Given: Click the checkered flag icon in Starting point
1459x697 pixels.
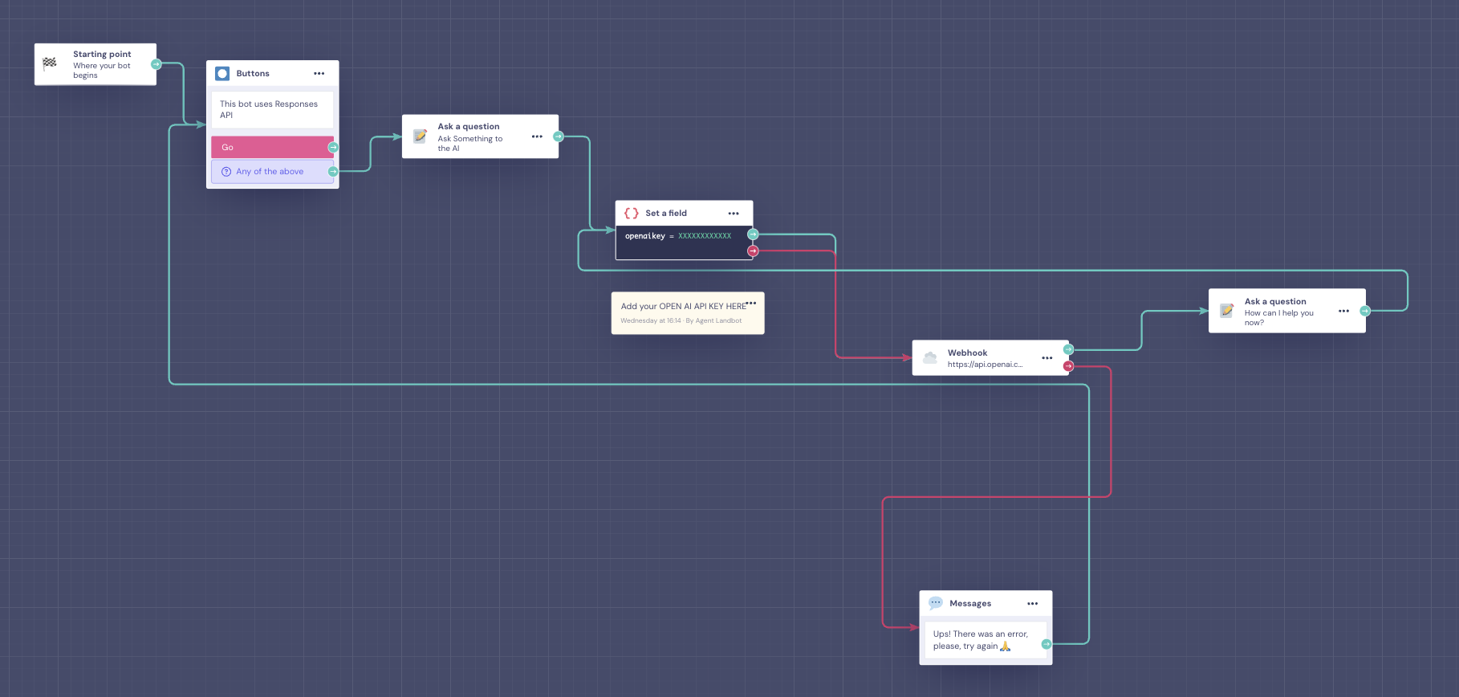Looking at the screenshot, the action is [50, 63].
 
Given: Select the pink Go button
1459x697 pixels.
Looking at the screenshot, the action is [272, 147].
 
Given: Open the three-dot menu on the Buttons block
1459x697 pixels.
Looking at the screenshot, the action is [319, 73].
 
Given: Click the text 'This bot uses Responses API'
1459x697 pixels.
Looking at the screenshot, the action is [269, 109].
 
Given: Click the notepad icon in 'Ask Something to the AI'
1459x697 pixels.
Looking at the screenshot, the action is [420, 137].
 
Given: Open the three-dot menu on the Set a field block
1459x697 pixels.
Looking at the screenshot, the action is [734, 214].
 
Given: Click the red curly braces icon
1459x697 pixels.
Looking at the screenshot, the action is [632, 214].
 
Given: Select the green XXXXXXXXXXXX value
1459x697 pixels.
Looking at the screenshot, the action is [705, 236].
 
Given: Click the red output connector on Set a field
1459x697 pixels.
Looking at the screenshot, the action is [753, 251].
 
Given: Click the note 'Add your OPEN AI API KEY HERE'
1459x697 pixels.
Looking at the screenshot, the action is [683, 307].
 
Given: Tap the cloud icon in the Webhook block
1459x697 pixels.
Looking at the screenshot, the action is [930, 357].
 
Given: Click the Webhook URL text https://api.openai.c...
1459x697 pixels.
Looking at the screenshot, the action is [985, 365].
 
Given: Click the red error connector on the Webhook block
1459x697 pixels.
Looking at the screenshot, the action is [1068, 366].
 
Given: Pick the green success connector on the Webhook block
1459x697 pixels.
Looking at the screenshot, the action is [1068, 349].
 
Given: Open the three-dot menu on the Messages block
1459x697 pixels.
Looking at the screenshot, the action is [1033, 604].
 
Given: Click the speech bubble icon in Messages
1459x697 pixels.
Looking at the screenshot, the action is [936, 603].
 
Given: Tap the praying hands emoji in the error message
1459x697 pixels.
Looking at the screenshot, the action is [1006, 646].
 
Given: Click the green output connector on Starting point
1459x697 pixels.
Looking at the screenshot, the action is [156, 64].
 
